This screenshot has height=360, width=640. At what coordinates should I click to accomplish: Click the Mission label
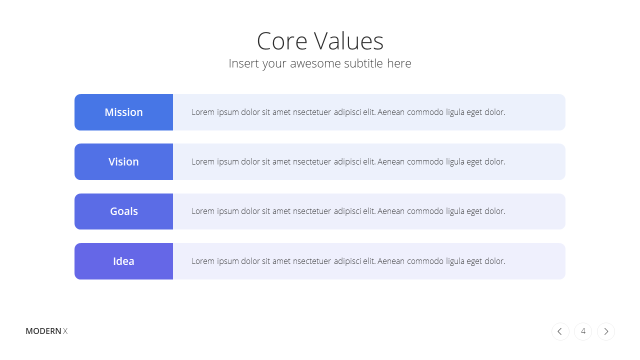[x=123, y=112]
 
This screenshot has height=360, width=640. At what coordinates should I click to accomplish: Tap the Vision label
[x=123, y=161]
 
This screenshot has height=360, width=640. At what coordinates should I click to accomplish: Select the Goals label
[x=124, y=211]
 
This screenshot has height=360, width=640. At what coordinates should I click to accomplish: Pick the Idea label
[x=123, y=261]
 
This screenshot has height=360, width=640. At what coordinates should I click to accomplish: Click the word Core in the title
[x=282, y=41]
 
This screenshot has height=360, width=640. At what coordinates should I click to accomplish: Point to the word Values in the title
[x=349, y=41]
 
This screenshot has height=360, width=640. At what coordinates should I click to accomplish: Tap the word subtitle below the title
[x=363, y=63]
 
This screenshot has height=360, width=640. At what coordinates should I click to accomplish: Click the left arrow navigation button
[x=560, y=331]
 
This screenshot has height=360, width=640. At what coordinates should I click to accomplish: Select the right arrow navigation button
[x=606, y=331]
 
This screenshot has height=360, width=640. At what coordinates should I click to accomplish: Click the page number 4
[x=583, y=331]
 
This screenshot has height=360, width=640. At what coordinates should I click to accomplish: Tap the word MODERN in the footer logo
[x=43, y=331]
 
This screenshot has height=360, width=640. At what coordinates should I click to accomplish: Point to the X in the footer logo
[x=65, y=331]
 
